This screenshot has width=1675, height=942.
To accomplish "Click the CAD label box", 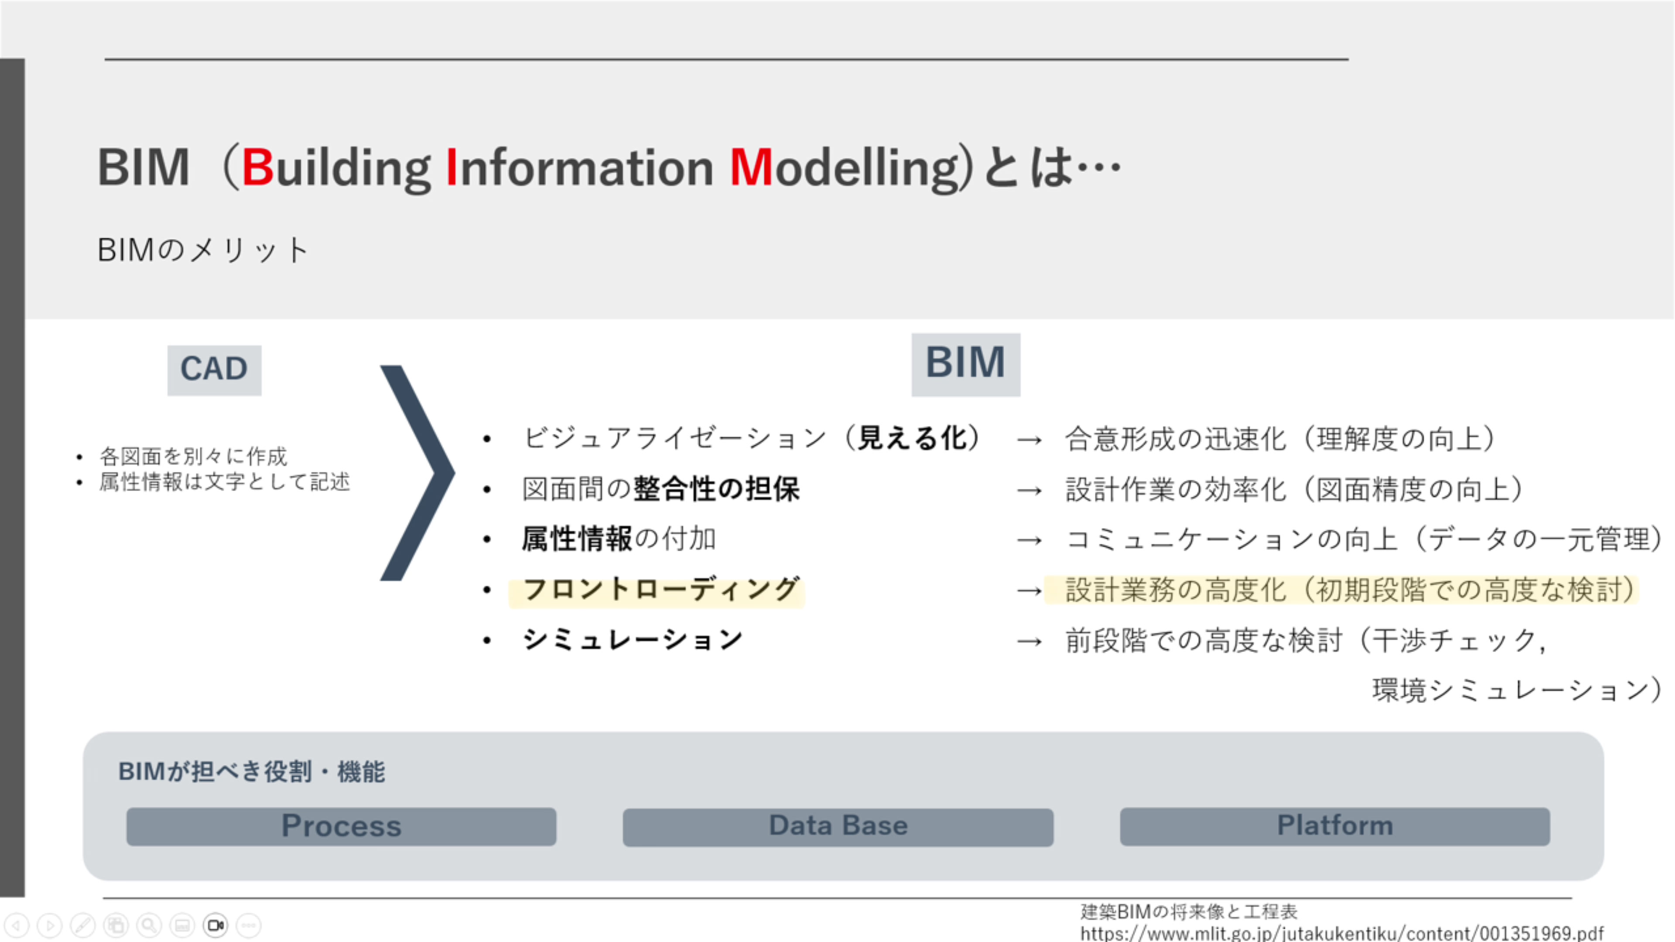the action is [x=214, y=370].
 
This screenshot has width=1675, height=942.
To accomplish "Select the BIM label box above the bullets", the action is [x=966, y=364].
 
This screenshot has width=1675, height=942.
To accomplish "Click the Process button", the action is [x=342, y=826].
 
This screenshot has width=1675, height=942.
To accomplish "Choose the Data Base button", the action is [x=838, y=827].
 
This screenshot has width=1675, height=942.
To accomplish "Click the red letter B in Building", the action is [x=257, y=167].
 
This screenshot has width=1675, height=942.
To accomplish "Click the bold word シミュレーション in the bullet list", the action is [x=632, y=640].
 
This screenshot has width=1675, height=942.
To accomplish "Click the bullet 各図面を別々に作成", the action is [x=193, y=456].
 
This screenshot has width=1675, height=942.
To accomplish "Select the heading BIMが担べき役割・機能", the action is [x=252, y=771].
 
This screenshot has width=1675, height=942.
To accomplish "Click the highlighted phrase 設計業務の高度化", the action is [x=1176, y=590].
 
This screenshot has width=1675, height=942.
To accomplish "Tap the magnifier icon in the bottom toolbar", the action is [x=149, y=925].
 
